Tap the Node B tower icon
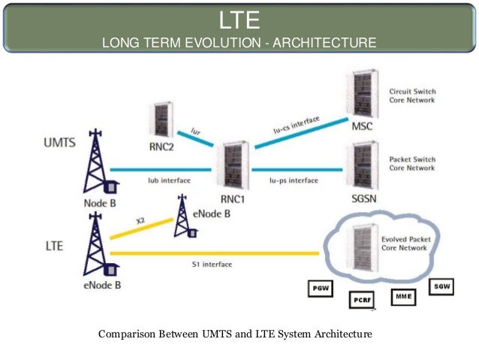tap(97, 162)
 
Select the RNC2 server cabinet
tap(160, 116)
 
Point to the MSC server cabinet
tap(361, 93)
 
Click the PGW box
tap(320, 287)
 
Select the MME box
tap(404, 296)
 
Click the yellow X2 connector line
tap(142, 228)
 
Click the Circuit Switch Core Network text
tap(412, 95)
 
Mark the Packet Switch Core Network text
tap(412, 164)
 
